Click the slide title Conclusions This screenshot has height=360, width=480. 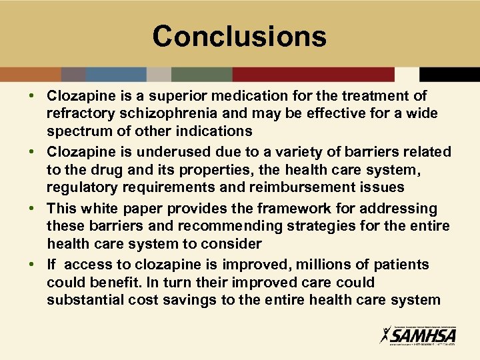239,36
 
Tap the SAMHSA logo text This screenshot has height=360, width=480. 423,334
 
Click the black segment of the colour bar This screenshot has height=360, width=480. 449,74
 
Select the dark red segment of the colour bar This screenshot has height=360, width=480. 313,74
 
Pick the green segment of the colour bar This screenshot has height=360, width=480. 201,74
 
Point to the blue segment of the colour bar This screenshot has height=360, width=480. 116,74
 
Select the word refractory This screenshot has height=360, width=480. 79,113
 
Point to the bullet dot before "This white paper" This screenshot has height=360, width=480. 33,209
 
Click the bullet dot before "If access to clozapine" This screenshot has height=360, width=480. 33,265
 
